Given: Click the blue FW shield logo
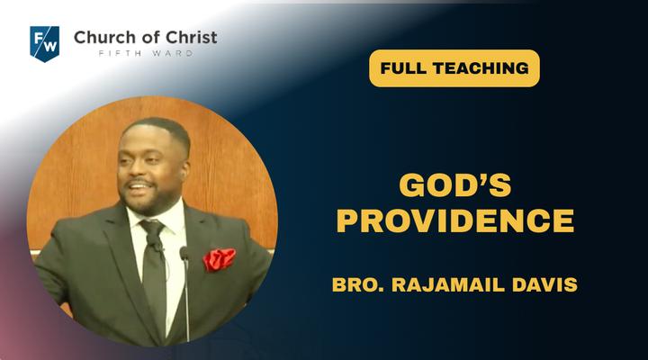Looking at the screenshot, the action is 45,43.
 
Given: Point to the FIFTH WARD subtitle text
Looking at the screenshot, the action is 146,53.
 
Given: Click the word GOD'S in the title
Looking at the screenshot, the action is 455,184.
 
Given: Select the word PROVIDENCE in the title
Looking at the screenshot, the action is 455,220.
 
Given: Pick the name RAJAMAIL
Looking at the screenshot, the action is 448,284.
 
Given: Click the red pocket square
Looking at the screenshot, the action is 219,259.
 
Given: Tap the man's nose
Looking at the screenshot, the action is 133,170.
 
